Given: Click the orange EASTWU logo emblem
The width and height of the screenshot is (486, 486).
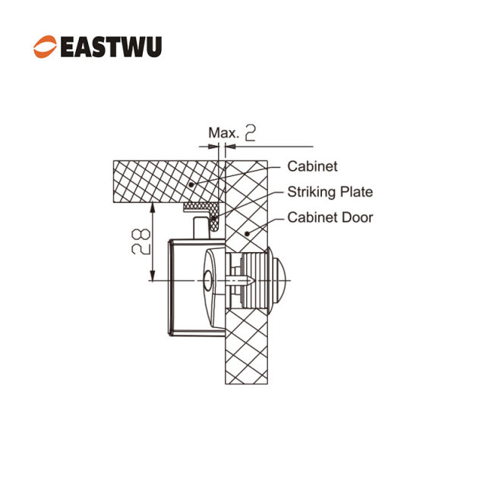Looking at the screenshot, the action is [45, 46].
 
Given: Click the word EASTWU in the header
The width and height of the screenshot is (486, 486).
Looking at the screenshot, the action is [112, 47].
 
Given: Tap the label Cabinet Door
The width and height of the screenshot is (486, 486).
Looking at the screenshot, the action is [330, 217].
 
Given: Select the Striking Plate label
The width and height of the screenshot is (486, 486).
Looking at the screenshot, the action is [330, 192].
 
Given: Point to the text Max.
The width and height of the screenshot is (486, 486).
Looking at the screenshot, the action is [224, 133].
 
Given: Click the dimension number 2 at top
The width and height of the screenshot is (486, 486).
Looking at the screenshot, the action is [251, 133].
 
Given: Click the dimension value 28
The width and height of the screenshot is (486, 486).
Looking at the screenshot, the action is [141, 241].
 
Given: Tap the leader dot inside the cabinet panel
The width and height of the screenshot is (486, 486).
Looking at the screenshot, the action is [191, 185].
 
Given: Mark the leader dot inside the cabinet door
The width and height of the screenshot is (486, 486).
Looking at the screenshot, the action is [247, 233].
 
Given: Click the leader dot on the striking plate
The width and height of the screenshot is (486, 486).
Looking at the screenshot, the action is [213, 218].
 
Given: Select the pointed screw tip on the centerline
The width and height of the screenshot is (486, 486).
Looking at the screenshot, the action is [252, 281].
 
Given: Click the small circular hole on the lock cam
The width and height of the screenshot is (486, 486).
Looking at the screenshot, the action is [208, 280].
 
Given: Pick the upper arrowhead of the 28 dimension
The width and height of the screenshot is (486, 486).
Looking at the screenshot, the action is [152, 207].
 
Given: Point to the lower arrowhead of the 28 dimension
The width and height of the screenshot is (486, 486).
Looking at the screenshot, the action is [152, 275].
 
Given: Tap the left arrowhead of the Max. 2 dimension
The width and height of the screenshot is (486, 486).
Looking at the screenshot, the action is [213, 147].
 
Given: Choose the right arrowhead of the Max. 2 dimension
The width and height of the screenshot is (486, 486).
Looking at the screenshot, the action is [230, 147].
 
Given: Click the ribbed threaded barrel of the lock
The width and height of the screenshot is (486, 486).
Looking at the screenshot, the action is [254, 280].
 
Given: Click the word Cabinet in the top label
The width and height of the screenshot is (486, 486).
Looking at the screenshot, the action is [312, 166].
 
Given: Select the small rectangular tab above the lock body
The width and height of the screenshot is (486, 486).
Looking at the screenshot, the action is [201, 228].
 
